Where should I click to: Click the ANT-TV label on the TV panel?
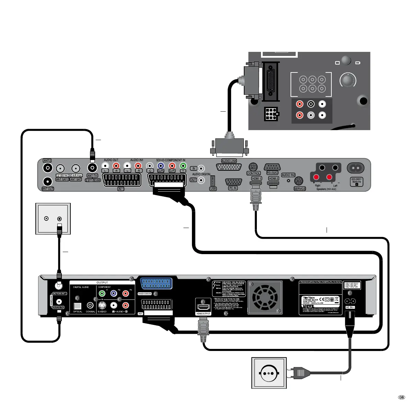coord(92,175)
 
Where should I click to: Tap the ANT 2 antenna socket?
coord(47,168)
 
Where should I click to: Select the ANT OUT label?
coord(48,189)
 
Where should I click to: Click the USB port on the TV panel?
coord(213,181)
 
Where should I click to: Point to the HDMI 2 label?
coord(273,179)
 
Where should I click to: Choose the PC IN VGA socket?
coord(233,182)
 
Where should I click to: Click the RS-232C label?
coord(272,173)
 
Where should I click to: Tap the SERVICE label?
coord(299,189)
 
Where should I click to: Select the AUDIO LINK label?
coord(229,161)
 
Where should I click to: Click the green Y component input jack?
coord(183,166)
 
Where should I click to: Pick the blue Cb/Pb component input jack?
coord(160,166)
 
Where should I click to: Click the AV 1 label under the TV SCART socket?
coord(121,189)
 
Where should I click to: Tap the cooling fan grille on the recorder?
coord(265,297)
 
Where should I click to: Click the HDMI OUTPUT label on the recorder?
coord(203,314)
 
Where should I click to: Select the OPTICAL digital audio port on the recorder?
coord(78,305)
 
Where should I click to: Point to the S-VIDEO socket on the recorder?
coord(102,305)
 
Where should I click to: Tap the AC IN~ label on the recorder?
coord(350,307)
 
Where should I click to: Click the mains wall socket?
coord(269,373)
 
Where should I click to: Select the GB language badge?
coord(401,397)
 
